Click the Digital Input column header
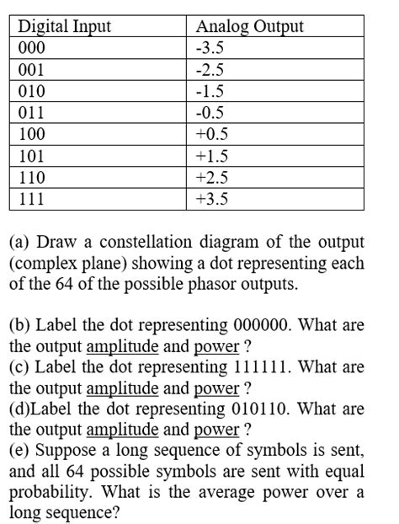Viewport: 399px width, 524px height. click(65, 26)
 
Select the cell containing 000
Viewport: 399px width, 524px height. click(33, 47)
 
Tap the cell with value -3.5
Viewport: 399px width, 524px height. click(210, 47)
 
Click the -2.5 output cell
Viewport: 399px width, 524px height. click(210, 69)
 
